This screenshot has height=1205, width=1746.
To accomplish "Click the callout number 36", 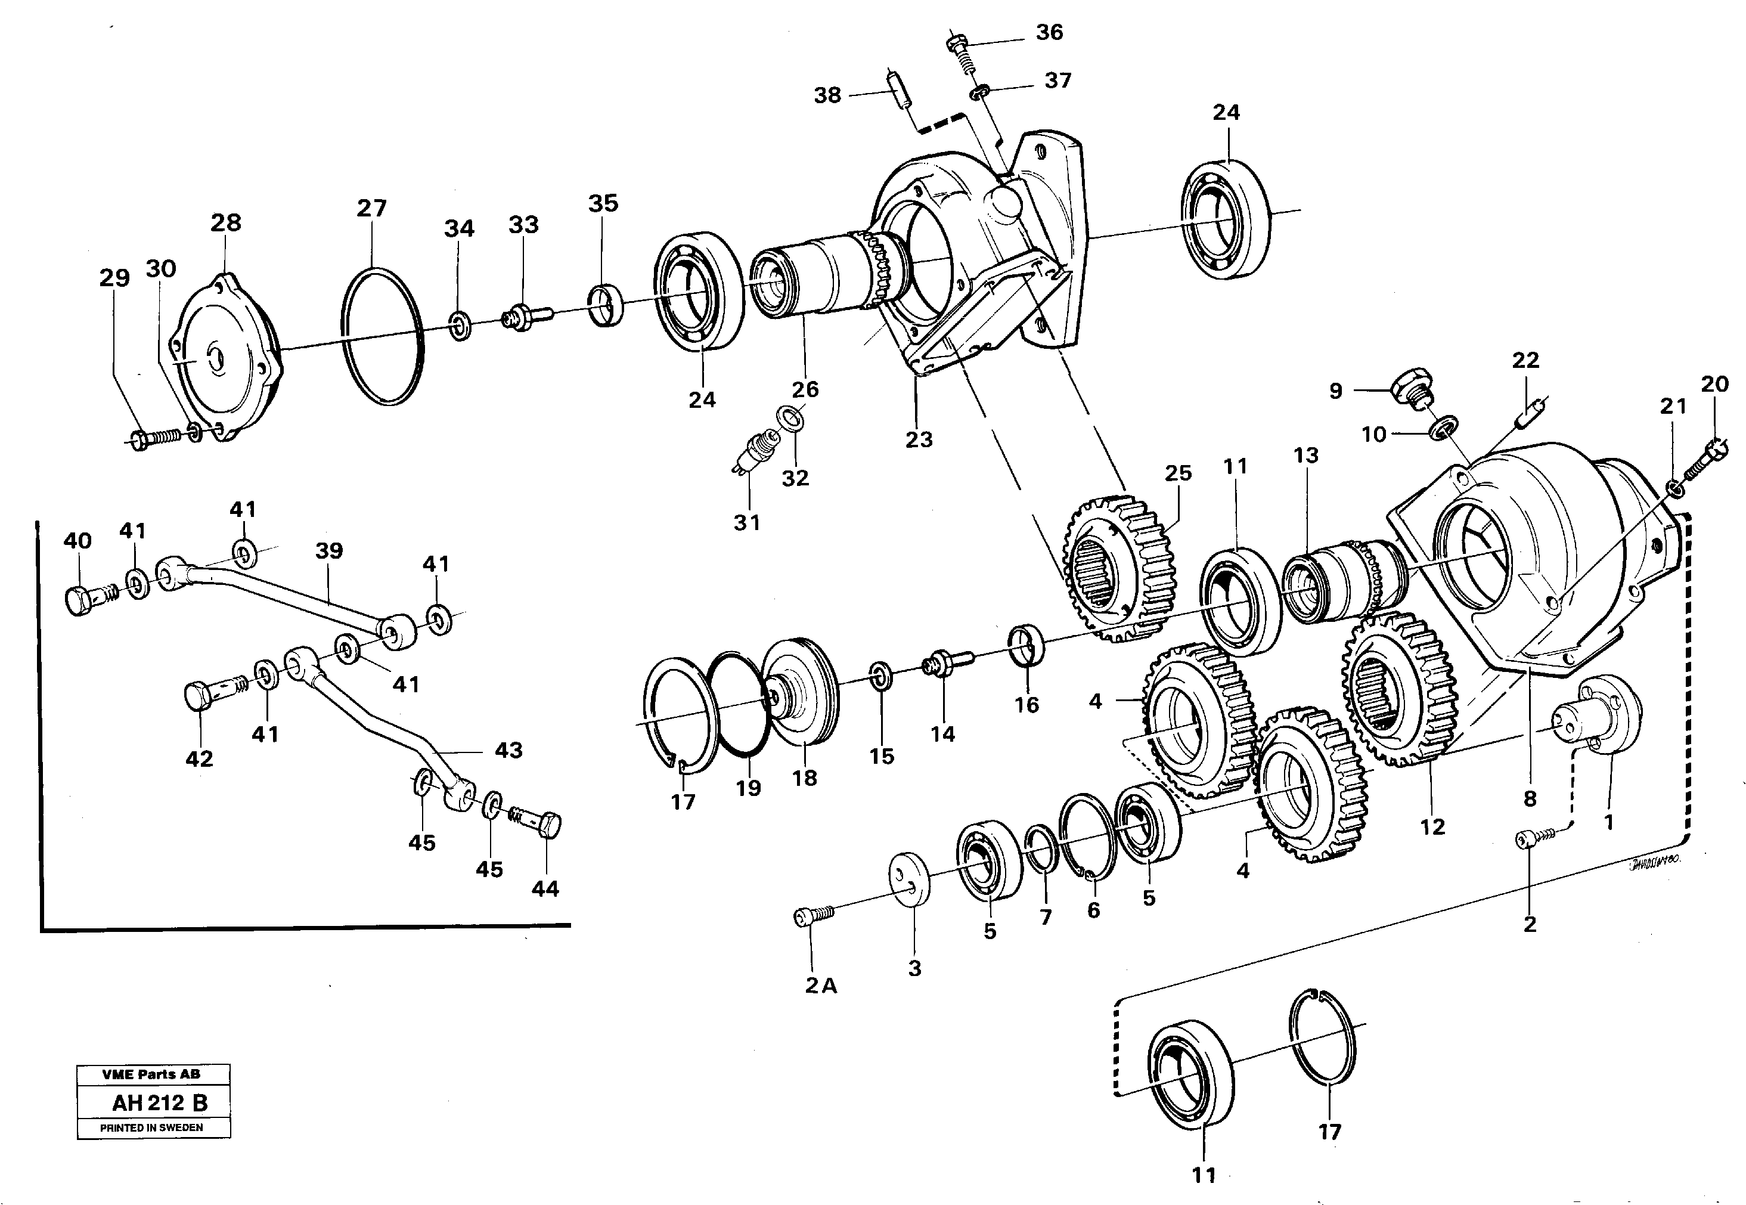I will coord(1049,32).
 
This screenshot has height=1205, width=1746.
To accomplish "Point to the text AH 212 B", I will coord(159,1103).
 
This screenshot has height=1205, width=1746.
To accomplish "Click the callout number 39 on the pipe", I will coord(329,550).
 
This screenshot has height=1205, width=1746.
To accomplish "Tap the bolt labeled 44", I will coord(539,822).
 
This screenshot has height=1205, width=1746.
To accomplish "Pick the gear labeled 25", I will coord(1119,568).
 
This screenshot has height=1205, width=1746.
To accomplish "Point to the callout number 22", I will coord(1525,360).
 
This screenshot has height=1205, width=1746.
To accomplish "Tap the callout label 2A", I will coord(820,986).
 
